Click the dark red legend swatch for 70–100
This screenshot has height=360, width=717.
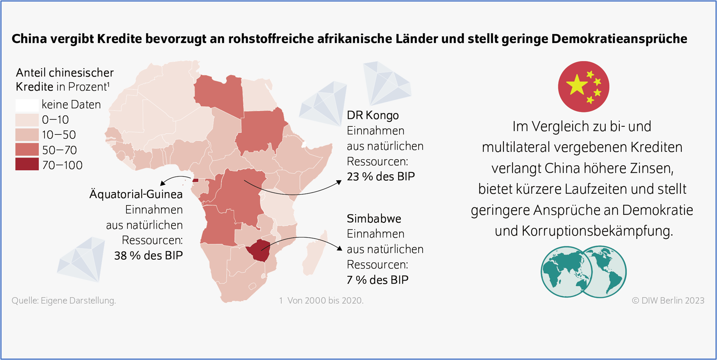[27, 164]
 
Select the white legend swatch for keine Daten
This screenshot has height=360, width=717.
[27, 104]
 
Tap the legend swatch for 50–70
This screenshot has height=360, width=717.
[27, 150]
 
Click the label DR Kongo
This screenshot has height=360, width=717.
[373, 115]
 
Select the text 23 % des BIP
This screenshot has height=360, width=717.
[381, 177]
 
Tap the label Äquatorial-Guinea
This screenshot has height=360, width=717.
[136, 194]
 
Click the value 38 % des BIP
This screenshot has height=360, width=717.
[148, 256]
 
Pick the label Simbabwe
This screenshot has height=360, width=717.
[374, 219]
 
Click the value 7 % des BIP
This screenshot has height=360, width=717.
[377, 280]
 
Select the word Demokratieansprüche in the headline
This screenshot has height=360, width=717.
[619, 39]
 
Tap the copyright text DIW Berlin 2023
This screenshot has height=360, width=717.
[668, 301]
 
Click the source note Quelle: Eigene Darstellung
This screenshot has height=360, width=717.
[64, 301]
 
